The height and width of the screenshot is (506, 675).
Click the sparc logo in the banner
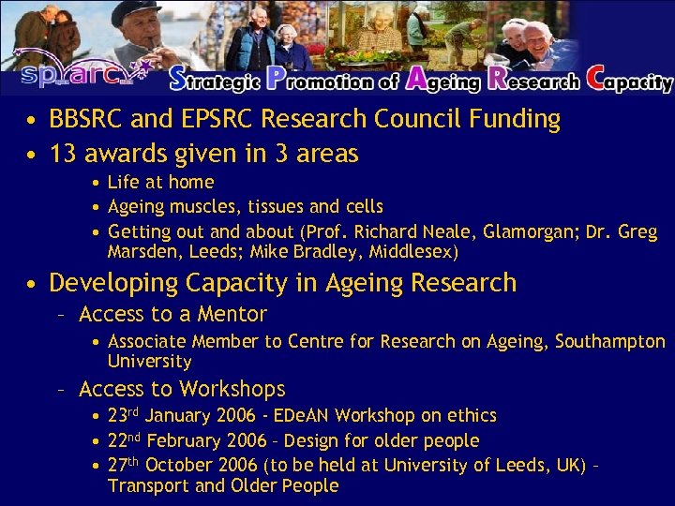79,74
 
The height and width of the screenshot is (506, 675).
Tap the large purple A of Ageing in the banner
416,79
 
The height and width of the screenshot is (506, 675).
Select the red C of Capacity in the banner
597,79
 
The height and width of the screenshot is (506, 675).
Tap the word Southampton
610,341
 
